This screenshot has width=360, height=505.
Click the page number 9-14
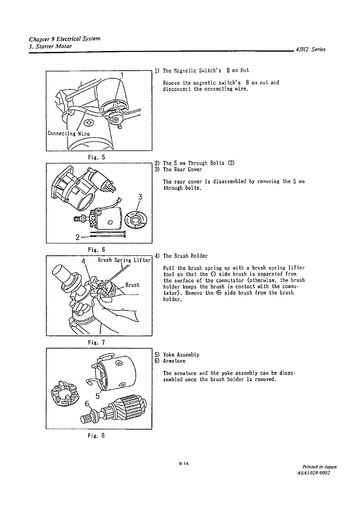pos(183,464)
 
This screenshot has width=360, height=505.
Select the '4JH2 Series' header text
pos(311,50)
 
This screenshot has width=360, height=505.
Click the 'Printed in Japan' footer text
pos(319,467)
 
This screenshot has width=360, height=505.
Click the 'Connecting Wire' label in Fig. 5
pos(69,134)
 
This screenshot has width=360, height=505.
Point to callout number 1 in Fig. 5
pos(122,75)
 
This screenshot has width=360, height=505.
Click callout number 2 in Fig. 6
pos(78,237)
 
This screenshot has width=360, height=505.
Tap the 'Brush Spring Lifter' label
pos(124,260)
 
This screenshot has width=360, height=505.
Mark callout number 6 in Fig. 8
pos(87,404)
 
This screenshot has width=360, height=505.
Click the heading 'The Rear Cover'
pos(182,169)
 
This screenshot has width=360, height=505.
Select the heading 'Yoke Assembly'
pos(181,355)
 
